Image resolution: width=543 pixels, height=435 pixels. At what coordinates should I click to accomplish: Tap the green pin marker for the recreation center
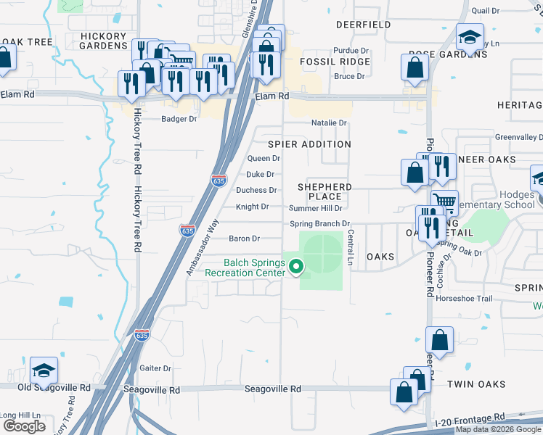[296, 268]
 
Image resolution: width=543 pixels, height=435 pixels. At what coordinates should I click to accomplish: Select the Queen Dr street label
[264, 158]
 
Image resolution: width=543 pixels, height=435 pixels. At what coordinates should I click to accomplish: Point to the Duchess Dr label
[256, 191]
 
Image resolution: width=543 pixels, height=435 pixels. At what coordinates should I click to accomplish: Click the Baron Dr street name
[244, 239]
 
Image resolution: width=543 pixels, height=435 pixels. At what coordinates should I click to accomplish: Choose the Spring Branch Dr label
[320, 224]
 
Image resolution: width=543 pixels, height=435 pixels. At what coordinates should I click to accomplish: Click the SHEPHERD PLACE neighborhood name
[324, 191]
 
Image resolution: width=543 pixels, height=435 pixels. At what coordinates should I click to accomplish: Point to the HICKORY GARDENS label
[104, 41]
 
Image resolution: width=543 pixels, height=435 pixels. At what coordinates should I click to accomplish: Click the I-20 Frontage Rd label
[469, 418]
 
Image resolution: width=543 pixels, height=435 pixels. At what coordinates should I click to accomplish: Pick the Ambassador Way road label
[202, 248]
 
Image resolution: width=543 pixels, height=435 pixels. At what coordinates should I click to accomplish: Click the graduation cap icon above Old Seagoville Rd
[44, 371]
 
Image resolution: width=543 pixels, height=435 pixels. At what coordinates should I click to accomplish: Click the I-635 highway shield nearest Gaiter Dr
[142, 336]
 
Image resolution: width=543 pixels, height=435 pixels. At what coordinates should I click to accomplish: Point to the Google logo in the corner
[25, 426]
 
